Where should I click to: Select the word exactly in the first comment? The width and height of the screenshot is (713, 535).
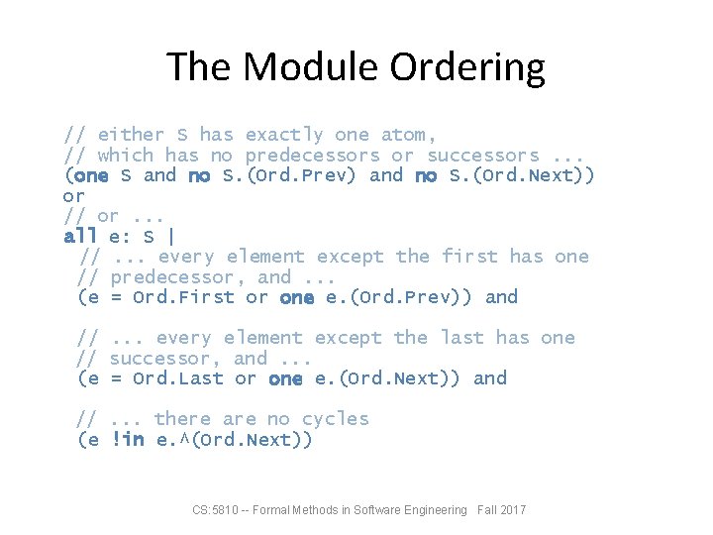[284, 135]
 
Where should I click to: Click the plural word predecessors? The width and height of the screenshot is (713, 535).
[312, 156]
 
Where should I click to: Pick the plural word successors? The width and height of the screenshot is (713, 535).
[483, 156]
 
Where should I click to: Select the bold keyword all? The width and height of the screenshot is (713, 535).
[80, 236]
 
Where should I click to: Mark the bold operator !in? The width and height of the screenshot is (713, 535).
[128, 440]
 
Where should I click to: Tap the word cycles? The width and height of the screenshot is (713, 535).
[336, 419]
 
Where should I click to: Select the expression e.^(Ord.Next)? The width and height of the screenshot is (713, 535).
[234, 440]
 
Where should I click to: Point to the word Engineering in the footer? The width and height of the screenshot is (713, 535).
[431, 510]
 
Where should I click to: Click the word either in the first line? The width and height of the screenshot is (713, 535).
[131, 135]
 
